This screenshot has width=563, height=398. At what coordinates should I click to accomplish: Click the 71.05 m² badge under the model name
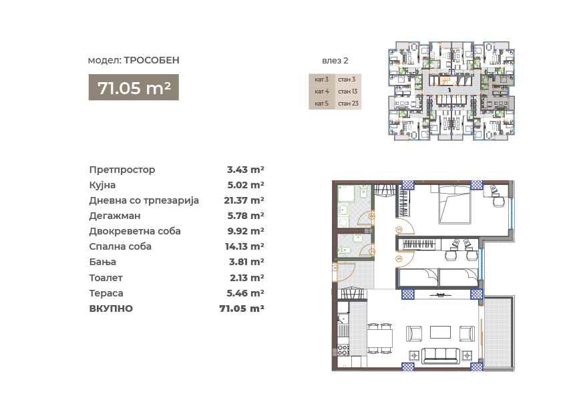coord(134,87)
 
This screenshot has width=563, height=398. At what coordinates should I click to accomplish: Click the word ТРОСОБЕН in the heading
coord(152,60)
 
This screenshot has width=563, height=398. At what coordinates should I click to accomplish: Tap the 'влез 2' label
coord(335,61)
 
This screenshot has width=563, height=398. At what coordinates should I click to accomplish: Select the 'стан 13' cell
coord(348,91)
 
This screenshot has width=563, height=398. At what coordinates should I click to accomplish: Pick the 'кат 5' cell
coord(322,104)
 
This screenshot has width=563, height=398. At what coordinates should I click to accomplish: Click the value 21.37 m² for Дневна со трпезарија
coord(244,200)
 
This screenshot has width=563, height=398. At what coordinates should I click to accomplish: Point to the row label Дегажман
coord(115,216)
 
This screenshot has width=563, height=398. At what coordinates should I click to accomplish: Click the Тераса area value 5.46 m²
coord(245,293)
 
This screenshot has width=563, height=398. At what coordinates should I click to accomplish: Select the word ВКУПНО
coord(111,309)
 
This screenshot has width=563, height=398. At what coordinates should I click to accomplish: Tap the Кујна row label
coord(102,185)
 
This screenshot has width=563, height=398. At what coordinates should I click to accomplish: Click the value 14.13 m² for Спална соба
coord(244,246)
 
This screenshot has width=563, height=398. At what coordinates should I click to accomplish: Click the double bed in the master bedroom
coord(454,205)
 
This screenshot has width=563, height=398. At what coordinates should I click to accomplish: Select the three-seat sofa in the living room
coord(441,356)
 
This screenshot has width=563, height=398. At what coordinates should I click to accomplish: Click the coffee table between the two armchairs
coord(440,332)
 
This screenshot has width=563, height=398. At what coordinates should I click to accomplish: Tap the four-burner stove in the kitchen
coord(343,350)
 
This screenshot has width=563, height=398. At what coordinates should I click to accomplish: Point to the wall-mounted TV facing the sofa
coord(439,294)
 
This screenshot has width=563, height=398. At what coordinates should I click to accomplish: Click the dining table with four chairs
coord(380,338)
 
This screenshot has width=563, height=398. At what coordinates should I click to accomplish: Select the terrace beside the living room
coord(498,333)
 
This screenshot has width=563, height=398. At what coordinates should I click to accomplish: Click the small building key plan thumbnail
coord(451,90)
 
